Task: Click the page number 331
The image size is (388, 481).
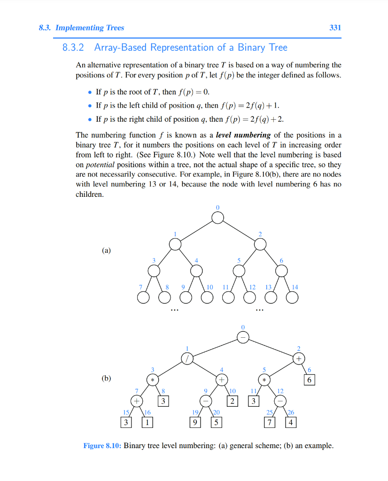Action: [335, 28]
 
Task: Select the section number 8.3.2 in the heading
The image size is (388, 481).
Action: [73, 47]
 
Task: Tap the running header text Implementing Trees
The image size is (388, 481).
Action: [90, 28]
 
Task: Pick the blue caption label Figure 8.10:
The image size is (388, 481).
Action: [102, 446]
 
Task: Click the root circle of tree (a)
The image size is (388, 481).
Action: [217, 218]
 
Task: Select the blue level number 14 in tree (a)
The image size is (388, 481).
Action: [295, 287]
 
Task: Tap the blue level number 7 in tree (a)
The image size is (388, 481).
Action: [140, 287]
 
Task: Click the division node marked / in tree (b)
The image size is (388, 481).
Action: [187, 358]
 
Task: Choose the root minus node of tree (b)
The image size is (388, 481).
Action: [243, 337]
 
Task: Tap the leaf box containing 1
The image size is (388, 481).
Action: [147, 422]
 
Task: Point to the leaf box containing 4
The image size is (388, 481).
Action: [291, 422]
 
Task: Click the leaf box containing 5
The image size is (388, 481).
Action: [216, 422]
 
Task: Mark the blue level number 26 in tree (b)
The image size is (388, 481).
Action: [291, 412]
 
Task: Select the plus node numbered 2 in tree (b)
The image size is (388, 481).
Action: [298, 358]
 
